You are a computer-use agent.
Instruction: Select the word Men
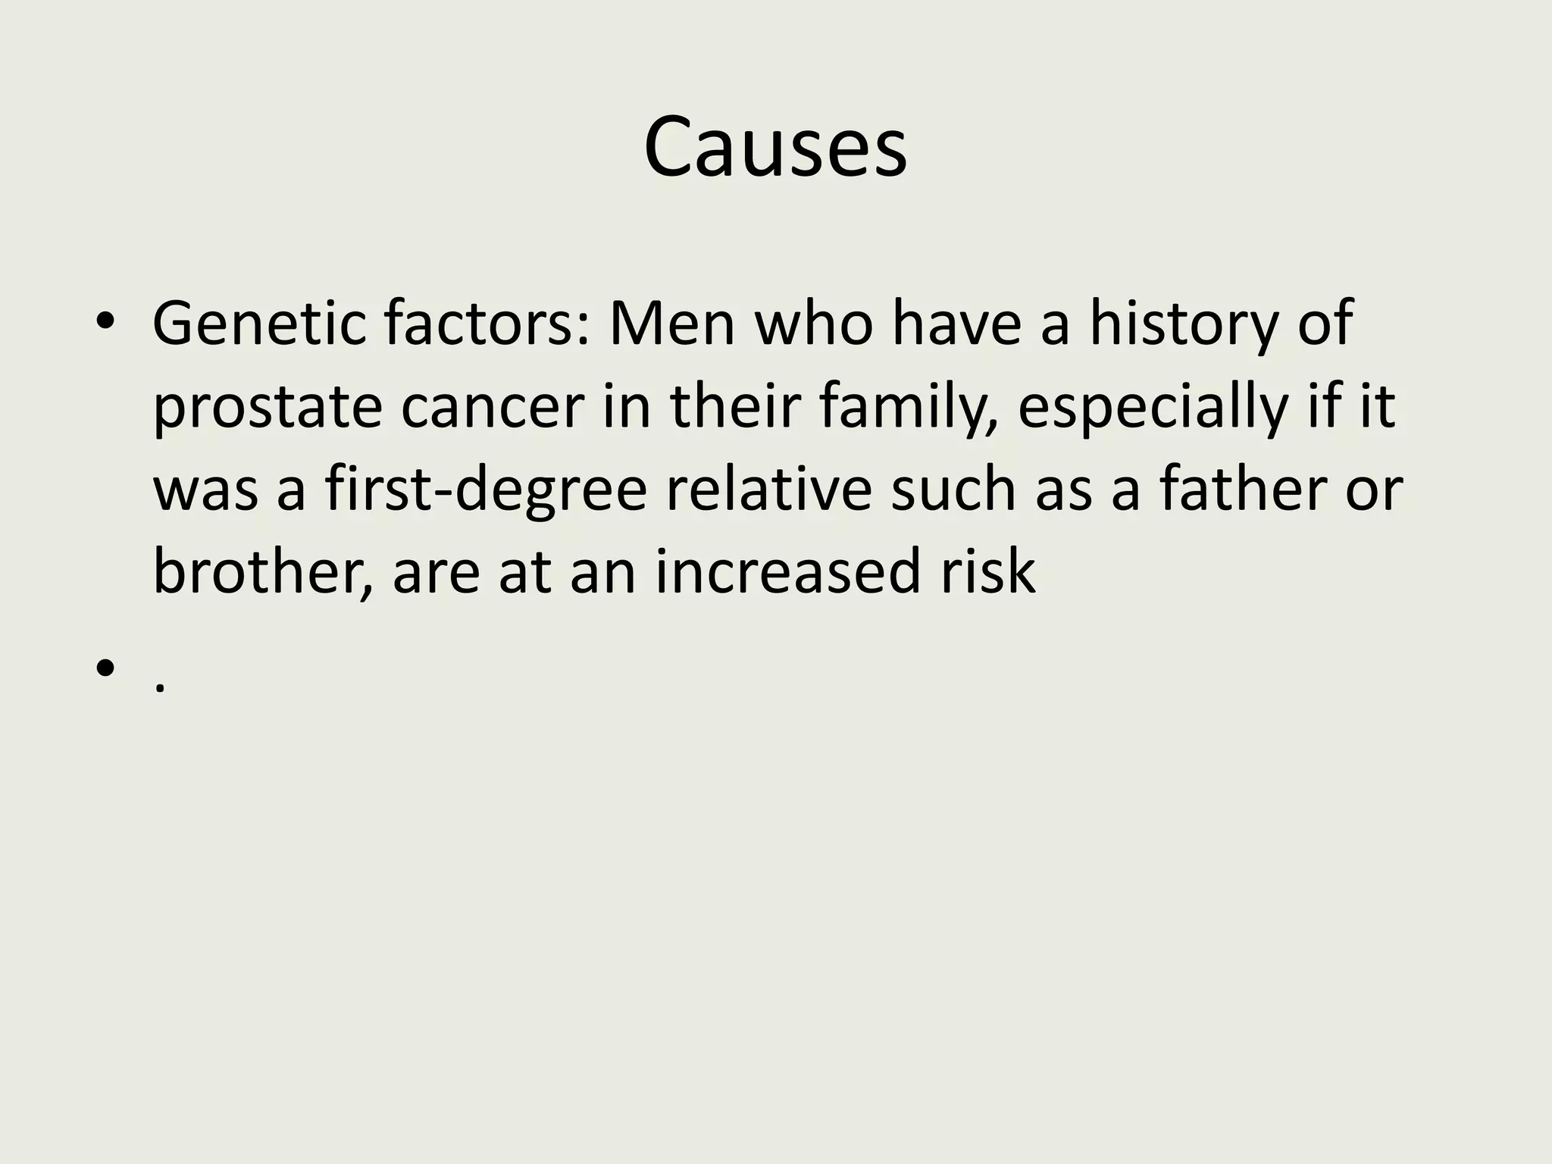point(671,324)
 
